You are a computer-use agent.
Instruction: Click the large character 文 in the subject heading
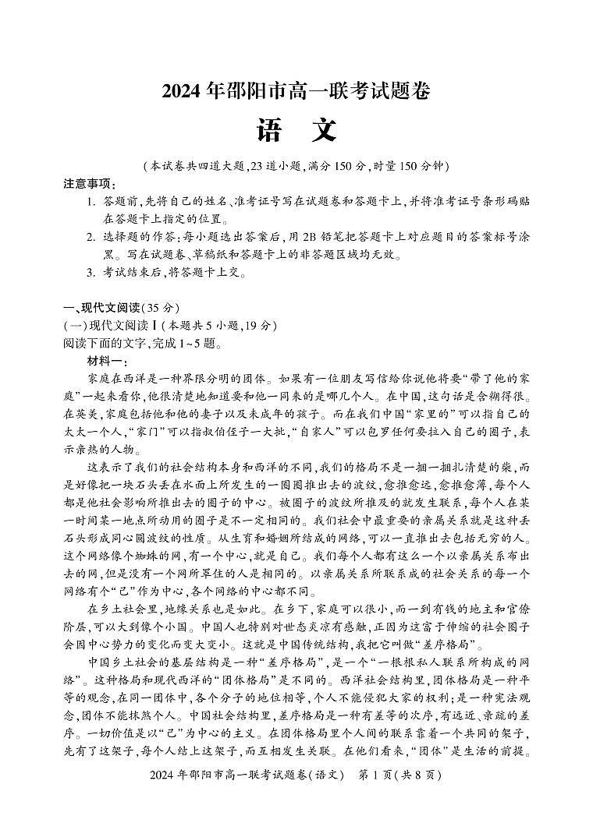pos(324,130)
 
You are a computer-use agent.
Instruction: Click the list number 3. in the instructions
pos(91,273)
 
